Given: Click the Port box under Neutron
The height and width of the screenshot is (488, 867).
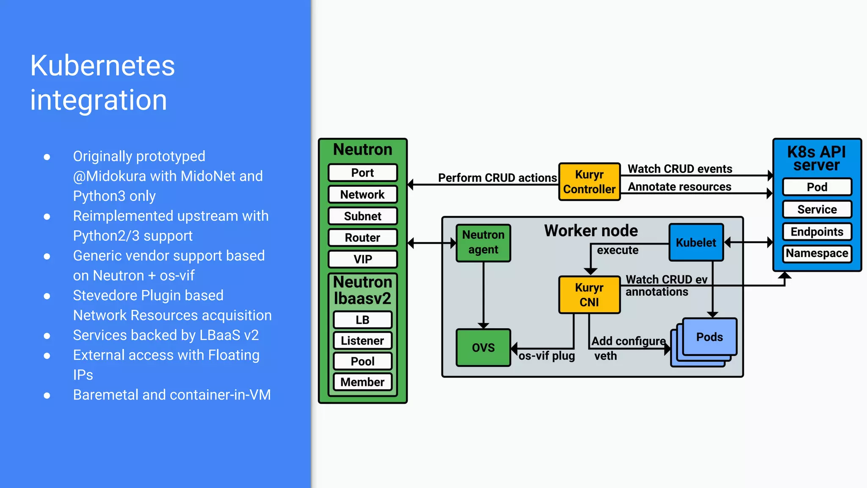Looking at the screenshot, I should (363, 173).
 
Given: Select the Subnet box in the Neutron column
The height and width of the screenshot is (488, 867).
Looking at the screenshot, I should (363, 216).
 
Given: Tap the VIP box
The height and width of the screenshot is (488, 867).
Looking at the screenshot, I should (363, 259).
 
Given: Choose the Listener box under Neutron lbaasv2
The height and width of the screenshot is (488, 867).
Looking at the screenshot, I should (363, 341).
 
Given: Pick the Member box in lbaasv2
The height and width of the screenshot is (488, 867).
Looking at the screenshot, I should (363, 382).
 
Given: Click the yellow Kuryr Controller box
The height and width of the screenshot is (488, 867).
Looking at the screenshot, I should (589, 182).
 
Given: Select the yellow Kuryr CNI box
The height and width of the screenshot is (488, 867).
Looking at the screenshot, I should (589, 295).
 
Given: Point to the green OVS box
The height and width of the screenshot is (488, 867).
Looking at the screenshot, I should (483, 347).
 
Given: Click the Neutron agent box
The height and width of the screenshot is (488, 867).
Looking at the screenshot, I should (483, 242).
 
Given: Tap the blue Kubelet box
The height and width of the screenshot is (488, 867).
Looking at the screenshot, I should (696, 242).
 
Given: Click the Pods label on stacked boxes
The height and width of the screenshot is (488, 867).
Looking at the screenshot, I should (710, 337).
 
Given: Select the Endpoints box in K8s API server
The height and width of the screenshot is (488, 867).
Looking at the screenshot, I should (817, 232).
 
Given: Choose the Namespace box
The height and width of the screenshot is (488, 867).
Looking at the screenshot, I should (817, 253).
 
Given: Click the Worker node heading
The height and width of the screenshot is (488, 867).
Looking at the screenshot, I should (591, 230).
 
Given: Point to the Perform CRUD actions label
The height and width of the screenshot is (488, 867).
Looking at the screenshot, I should (497, 178).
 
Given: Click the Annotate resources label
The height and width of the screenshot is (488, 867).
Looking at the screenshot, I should (679, 187).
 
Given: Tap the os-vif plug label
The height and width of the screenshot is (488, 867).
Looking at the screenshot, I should (547, 356).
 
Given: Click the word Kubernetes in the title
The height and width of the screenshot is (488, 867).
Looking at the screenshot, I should (102, 66).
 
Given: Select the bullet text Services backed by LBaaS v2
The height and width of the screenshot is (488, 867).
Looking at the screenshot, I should (166, 335).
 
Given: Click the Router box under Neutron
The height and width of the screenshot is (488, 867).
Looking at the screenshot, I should (363, 238).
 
